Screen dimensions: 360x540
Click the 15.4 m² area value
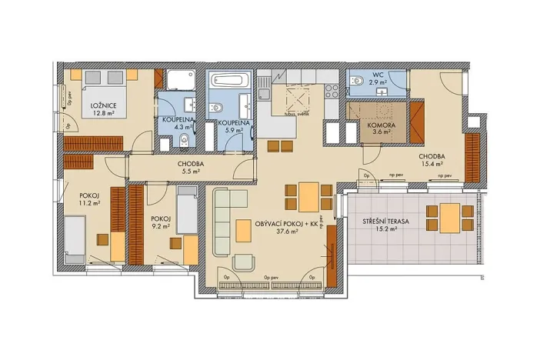432,162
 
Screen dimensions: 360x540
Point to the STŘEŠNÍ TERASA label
387,221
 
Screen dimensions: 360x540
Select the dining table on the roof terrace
449,217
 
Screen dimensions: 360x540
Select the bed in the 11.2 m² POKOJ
75,239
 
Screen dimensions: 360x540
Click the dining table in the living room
308,196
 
